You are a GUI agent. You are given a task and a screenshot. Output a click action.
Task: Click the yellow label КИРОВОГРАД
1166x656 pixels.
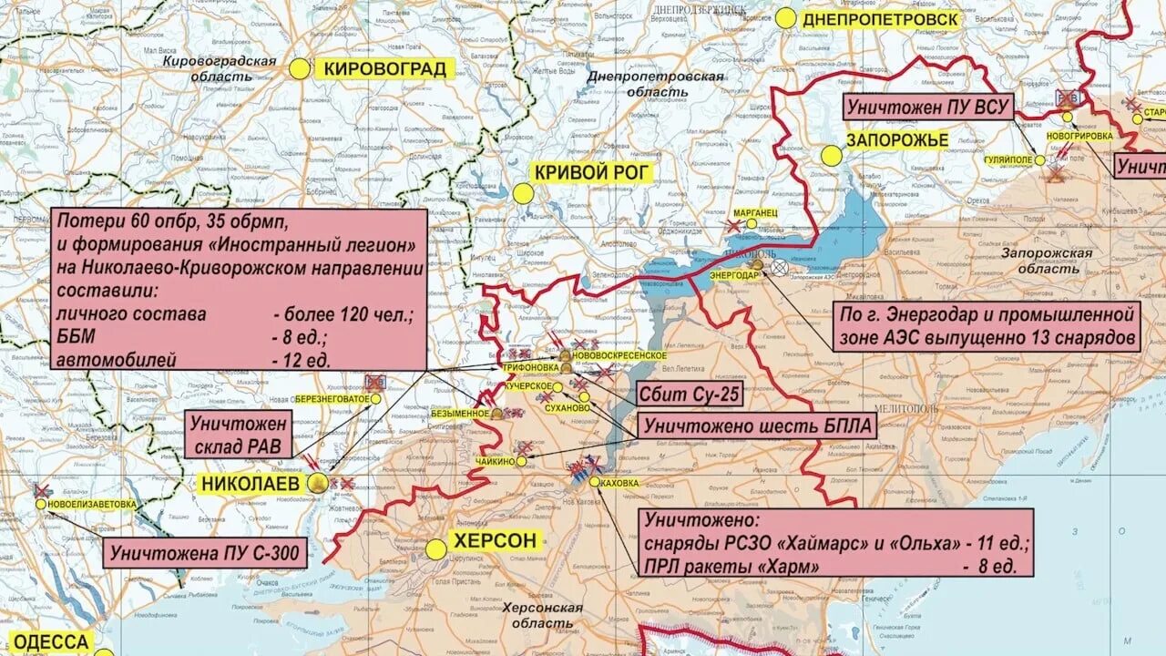click(385, 68)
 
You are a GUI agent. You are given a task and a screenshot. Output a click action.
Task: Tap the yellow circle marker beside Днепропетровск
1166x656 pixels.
click(786, 18)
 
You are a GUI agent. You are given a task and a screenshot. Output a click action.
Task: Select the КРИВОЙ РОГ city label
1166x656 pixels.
click(593, 172)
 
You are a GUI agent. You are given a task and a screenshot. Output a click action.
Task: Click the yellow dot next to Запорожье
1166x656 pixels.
click(832, 156)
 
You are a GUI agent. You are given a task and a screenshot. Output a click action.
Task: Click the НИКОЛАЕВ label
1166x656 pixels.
click(250, 483)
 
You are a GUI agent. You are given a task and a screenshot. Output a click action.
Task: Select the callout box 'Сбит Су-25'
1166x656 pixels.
click(689, 395)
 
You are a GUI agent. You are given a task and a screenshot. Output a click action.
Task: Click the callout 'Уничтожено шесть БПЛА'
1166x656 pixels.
click(756, 425)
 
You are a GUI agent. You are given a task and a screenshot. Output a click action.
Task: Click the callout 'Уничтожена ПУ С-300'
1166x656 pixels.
click(204, 552)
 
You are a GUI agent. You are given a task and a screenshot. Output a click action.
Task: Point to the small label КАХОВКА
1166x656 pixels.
click(619, 481)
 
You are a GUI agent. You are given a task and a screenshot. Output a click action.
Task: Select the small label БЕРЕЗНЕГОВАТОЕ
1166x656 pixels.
click(332, 399)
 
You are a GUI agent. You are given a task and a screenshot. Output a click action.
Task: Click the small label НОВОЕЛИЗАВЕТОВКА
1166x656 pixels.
click(93, 504)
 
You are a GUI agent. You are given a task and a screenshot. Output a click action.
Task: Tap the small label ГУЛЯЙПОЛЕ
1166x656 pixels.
click(1007, 159)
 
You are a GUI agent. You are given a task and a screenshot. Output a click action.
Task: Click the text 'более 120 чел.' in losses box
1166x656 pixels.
click(343, 314)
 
